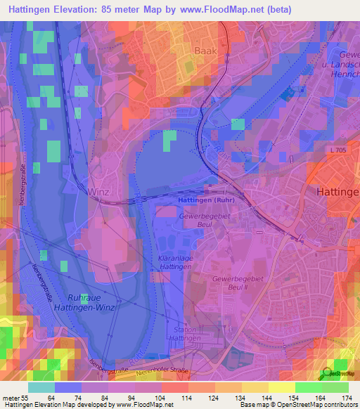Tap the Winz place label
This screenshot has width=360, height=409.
[98, 192]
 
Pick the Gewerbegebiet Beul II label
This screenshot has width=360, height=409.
[237, 284]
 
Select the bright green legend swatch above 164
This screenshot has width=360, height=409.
[309, 387]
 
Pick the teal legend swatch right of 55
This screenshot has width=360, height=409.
[41, 387]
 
